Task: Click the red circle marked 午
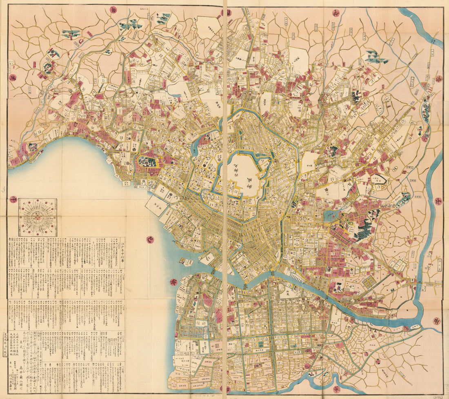(13, 199)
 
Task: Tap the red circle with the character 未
(13, 78)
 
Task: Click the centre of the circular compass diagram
(38, 217)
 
